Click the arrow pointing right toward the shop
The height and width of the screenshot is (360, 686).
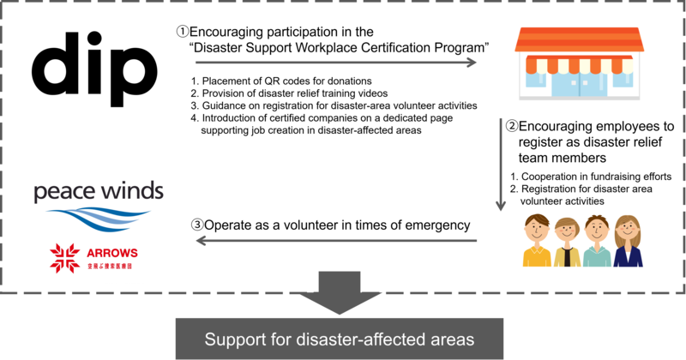click(334, 63)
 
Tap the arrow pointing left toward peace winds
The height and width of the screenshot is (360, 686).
click(334, 241)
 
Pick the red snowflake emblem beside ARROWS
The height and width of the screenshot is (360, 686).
click(65, 260)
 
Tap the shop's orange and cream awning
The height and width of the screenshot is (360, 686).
click(578, 63)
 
